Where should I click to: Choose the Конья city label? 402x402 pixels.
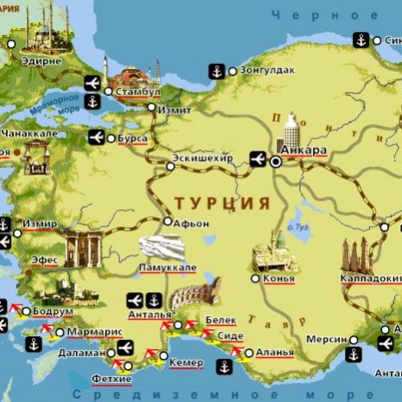point(279,278)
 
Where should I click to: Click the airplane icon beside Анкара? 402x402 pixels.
point(257,158)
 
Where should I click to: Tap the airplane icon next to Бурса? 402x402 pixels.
point(96,137)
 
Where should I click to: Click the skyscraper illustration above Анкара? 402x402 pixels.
point(290,131)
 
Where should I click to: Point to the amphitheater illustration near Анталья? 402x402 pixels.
point(196,293)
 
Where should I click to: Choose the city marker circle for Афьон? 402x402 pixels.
point(168,221)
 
